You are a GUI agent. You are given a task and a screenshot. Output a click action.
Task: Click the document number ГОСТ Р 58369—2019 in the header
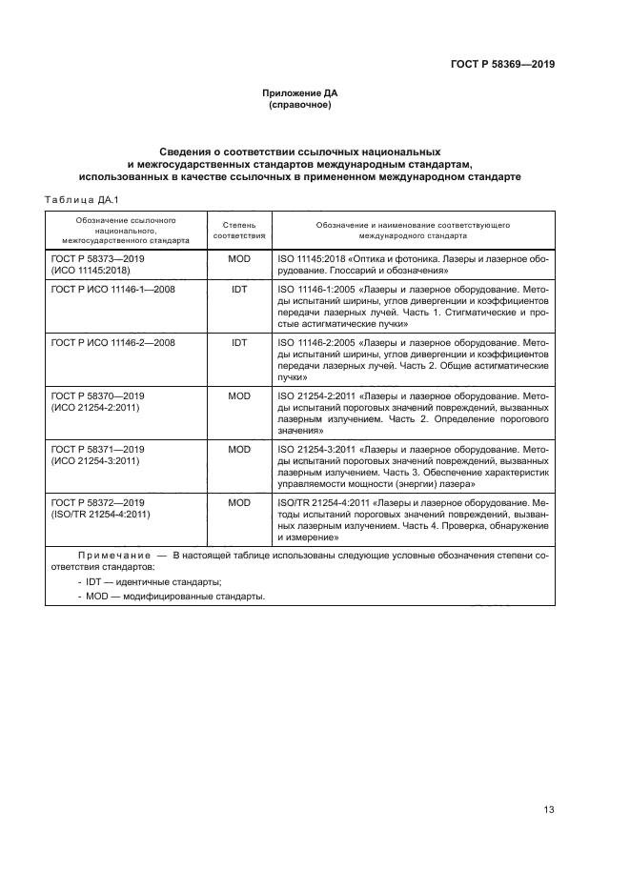(502, 65)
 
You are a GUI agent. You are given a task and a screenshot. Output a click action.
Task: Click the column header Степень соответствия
(239, 229)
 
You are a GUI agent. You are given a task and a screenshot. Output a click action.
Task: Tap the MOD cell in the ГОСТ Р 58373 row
(239, 258)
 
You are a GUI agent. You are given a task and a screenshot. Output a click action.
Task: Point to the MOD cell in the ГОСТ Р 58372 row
(239, 501)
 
